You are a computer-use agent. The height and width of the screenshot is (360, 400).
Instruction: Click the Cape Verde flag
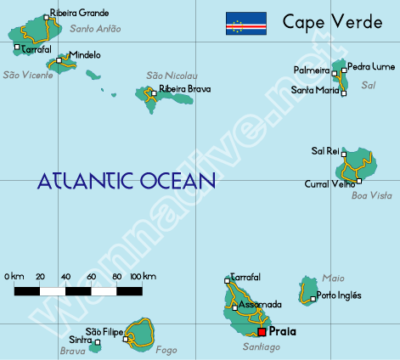[x=245, y=24]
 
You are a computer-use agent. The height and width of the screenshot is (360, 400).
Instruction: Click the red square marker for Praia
[x=262, y=332]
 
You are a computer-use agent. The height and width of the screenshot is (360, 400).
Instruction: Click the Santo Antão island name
[x=96, y=29]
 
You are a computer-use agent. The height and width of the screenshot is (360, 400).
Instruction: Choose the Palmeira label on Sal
[x=311, y=70]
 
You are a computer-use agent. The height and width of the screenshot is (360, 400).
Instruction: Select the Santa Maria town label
[x=314, y=89]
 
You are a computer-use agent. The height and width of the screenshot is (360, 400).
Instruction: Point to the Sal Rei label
[x=325, y=150]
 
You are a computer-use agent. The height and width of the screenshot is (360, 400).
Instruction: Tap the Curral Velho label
[x=330, y=183]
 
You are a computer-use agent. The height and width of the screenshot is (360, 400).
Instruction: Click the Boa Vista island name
[x=371, y=196]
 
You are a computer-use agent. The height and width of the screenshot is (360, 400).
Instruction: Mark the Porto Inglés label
[x=338, y=295]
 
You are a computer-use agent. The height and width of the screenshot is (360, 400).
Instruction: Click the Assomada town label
[x=260, y=304]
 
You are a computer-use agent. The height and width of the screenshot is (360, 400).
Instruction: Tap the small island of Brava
[x=94, y=346]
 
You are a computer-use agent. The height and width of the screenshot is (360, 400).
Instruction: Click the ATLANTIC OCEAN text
[x=127, y=180]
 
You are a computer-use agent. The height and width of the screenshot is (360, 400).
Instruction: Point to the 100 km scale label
[x=144, y=277]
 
